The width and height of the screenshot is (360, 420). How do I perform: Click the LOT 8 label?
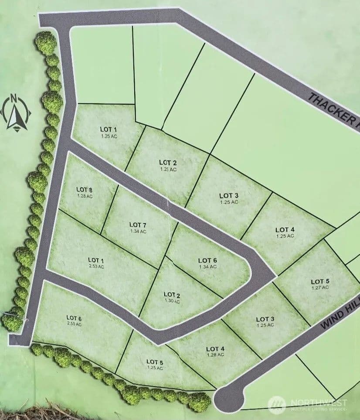85,189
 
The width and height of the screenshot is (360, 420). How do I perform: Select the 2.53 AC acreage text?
96,266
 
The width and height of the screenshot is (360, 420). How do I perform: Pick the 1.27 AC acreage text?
320,288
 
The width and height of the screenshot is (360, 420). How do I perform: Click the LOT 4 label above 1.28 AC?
215,348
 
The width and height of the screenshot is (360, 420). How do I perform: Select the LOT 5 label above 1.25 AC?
155,362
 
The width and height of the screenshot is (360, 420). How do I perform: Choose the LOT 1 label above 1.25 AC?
109,130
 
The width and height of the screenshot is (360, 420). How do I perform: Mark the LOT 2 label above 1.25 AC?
168,163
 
